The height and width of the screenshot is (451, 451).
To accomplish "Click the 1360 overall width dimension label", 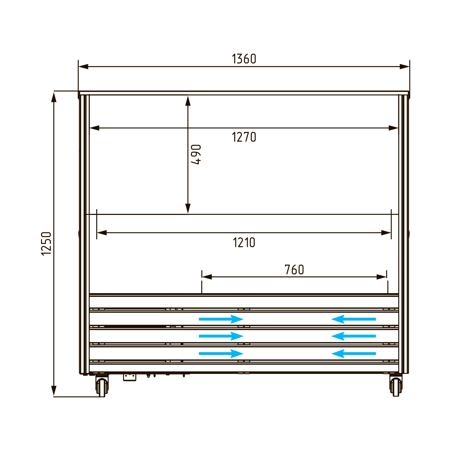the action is click(x=244, y=59).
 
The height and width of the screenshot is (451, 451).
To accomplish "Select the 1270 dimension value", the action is click(x=244, y=137).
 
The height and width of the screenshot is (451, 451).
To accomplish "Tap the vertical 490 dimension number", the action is click(x=196, y=154).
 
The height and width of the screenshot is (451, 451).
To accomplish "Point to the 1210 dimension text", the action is click(x=244, y=242).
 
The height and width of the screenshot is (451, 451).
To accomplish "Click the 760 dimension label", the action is click(x=294, y=269).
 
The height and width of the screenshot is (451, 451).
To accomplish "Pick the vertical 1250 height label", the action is click(x=46, y=244).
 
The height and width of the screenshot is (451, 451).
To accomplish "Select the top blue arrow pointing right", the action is click(x=221, y=319).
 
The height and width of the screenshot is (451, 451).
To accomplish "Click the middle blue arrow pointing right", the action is click(x=221, y=336).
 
